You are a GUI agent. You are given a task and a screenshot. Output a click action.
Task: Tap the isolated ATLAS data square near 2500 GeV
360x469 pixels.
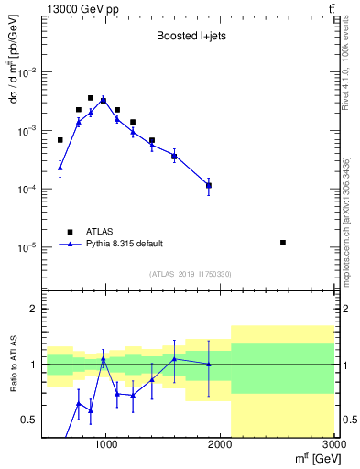coord(283,242)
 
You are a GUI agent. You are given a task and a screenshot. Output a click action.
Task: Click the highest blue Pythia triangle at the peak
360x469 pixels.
coord(104,100)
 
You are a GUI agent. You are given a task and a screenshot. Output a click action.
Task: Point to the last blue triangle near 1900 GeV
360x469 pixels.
coord(209,185)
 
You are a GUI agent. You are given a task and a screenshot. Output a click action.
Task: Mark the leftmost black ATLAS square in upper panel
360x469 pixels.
coord(60,140)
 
